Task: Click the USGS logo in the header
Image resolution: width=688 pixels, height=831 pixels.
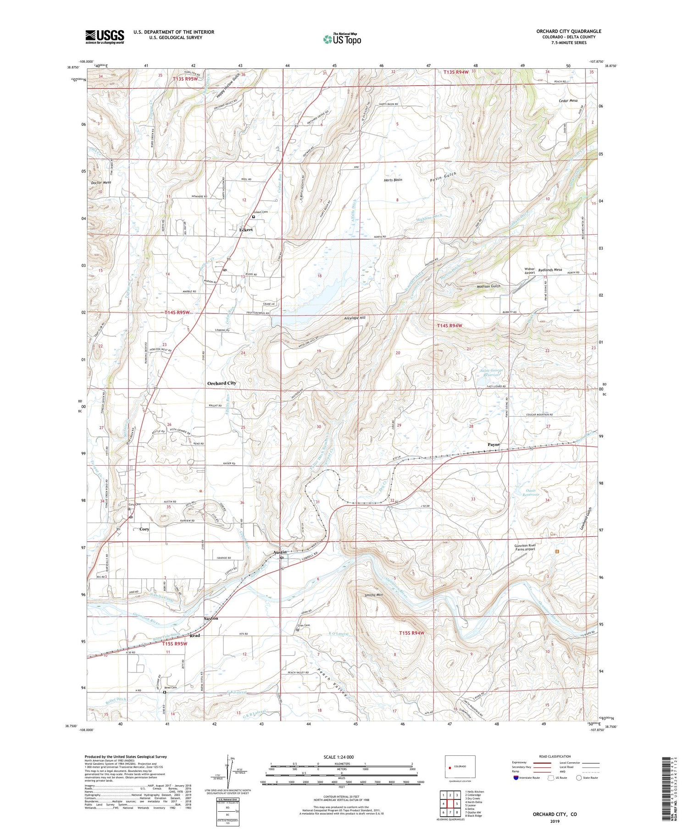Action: click(x=105, y=37)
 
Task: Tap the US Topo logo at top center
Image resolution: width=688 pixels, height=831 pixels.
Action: click(x=342, y=39)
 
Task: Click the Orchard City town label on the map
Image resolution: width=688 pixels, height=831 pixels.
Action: click(x=222, y=383)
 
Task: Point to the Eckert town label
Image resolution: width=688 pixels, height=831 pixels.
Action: click(x=246, y=230)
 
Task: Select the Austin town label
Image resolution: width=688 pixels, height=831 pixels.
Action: click(x=280, y=552)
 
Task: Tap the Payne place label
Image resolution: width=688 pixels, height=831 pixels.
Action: click(x=494, y=445)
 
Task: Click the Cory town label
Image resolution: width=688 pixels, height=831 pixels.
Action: click(x=144, y=529)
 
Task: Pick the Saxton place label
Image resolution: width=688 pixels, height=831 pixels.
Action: click(x=211, y=618)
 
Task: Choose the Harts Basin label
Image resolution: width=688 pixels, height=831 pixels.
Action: click(x=393, y=180)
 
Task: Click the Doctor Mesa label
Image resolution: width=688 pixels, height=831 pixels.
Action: click(x=101, y=182)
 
